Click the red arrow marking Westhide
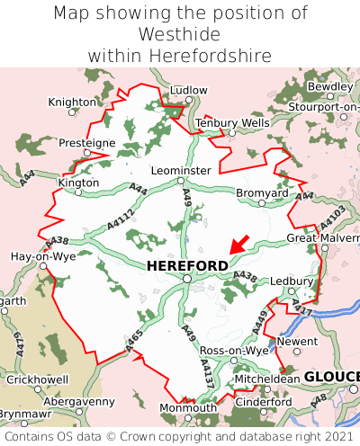(238, 243)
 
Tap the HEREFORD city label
(187, 265)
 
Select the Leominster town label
(181, 170)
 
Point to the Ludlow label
(188, 91)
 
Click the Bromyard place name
(262, 192)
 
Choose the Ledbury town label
(291, 281)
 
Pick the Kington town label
(78, 182)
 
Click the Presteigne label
(86, 143)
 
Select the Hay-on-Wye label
(42, 255)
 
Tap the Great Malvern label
(322, 237)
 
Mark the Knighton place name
(72, 103)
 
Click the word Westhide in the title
(180, 34)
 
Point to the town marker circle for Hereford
(187, 279)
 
